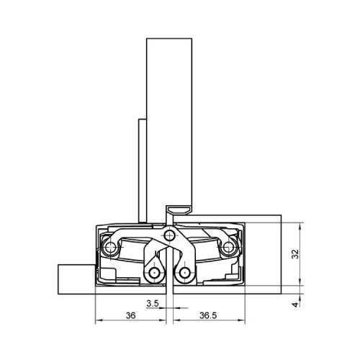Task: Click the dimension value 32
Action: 295,254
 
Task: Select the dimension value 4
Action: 295,305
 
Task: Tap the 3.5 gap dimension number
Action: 153,304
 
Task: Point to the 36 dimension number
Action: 131,315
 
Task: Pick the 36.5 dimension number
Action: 208,315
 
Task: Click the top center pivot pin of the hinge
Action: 170,236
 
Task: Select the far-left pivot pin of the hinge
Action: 110,247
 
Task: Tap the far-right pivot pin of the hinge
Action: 228,247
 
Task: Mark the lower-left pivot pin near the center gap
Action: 154,273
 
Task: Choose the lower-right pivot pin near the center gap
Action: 184,273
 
